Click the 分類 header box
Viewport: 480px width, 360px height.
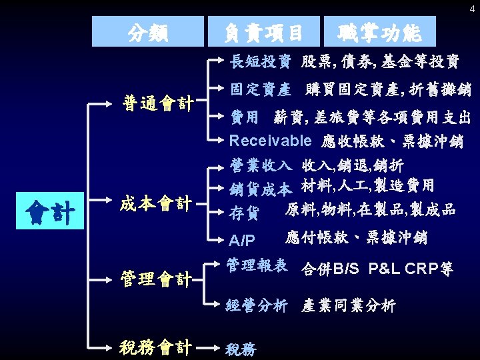tap(148, 31)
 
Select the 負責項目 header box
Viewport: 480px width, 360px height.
tap(263, 31)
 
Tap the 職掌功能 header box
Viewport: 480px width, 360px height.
tap(380, 31)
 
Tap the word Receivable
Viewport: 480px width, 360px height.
tap(270, 141)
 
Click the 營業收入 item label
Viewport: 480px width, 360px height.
tap(260, 165)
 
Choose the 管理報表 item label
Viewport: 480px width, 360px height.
tap(257, 265)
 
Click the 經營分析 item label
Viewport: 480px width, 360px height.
tap(257, 306)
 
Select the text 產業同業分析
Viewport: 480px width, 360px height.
tap(348, 306)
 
